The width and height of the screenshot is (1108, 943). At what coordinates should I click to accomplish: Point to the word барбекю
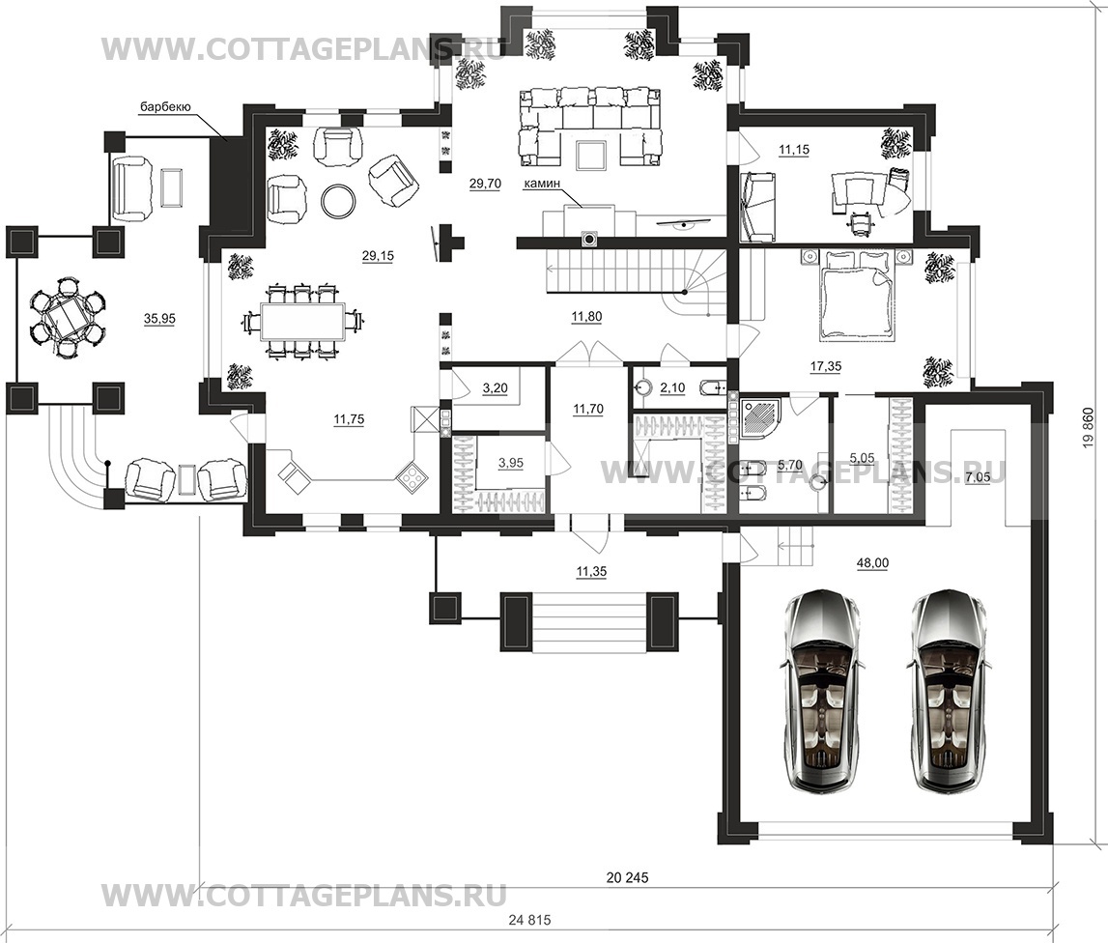tap(163, 107)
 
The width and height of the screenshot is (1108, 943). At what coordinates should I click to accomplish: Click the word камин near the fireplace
tap(542, 183)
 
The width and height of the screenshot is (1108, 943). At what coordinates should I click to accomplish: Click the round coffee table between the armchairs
tap(338, 200)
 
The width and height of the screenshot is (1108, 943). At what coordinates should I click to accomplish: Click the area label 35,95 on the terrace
tap(159, 319)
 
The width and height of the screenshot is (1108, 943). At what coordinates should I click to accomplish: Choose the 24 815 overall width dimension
tap(529, 920)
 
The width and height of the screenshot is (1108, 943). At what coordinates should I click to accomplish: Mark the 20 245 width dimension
tap(627, 878)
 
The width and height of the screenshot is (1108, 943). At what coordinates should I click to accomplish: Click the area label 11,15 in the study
tap(793, 150)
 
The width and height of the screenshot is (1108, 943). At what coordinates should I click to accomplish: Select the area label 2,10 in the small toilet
tap(672, 387)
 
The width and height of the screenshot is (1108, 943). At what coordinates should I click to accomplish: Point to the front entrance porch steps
tap(574, 621)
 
